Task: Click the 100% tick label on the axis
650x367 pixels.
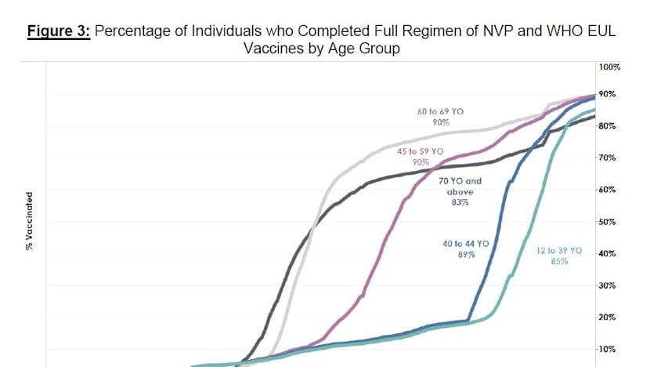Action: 610,67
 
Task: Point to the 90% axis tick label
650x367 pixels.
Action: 608,94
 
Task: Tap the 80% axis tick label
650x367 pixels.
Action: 608,125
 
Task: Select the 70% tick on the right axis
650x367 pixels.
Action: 608,158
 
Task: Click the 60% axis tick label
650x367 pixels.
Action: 608,190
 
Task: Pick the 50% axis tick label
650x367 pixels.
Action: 608,222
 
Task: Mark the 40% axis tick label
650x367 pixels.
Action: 608,254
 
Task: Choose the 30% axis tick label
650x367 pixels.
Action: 608,285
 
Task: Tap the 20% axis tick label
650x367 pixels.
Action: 608,318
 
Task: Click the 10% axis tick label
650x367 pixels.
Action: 608,350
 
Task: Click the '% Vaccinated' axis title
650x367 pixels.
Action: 29,222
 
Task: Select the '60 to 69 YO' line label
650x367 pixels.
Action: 440,112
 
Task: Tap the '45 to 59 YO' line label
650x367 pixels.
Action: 421,151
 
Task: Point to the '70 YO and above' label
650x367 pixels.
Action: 459,186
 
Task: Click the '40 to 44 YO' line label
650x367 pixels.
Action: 465,244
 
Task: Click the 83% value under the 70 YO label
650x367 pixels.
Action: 459,203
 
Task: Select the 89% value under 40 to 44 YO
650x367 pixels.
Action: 466,256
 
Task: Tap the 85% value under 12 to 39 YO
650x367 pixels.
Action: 559,261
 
